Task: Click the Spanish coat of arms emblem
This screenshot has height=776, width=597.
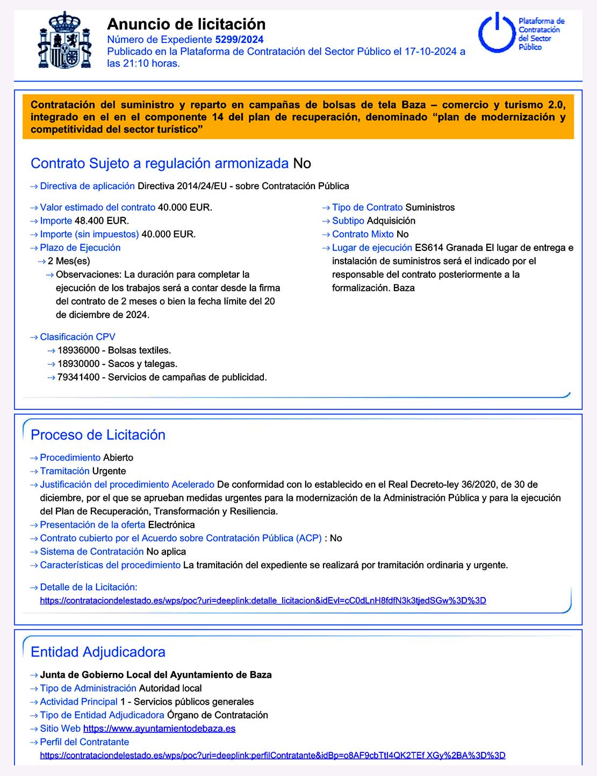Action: [64, 41]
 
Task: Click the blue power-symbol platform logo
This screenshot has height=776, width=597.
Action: [497, 33]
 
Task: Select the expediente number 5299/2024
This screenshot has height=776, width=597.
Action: [239, 39]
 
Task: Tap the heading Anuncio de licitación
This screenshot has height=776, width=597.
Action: [186, 24]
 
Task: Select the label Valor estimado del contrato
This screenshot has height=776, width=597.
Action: [97, 207]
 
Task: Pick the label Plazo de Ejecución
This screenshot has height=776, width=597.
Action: [80, 248]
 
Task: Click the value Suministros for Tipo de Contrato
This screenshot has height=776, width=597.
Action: [430, 207]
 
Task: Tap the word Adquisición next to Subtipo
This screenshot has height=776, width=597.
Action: [391, 221]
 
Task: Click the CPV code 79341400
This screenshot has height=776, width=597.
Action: [78, 377]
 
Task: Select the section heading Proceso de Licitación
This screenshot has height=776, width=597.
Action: [98, 435]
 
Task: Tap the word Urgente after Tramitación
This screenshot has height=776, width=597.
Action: [109, 471]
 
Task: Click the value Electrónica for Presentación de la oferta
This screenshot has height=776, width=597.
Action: [171, 525]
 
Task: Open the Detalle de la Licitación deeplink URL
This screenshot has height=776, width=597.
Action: [263, 601]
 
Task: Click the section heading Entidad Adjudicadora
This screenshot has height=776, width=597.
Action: [98, 652]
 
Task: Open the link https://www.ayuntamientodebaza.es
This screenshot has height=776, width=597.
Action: [159, 729]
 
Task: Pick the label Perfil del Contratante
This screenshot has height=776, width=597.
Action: [84, 742]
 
